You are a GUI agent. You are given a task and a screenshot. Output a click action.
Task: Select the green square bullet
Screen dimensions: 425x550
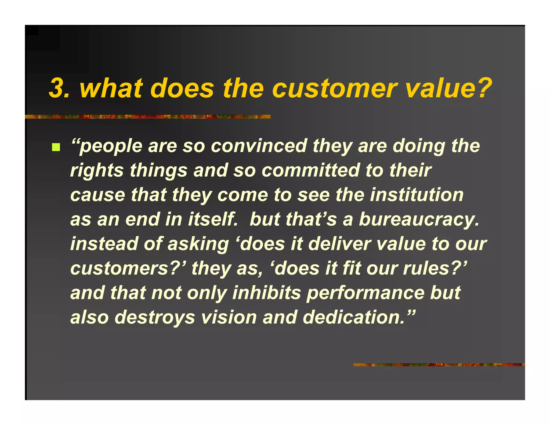pos(56,147)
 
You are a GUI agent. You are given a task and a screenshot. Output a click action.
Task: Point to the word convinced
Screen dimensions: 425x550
pos(259,146)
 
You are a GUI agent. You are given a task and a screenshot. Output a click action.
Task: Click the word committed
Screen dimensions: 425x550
pos(310,170)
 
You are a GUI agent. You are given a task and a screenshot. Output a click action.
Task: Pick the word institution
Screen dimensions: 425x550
pos(417,195)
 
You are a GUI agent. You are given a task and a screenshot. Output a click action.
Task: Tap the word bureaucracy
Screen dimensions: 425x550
pos(419,219)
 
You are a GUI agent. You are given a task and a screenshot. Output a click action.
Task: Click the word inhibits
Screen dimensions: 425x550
pos(266,293)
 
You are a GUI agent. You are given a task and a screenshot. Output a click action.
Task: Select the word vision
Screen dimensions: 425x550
pos(229,317)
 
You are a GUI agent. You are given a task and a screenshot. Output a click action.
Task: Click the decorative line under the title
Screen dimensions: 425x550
pos(148,117)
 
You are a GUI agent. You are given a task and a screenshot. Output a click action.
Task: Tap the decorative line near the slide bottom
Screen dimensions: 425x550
pos(439,365)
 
